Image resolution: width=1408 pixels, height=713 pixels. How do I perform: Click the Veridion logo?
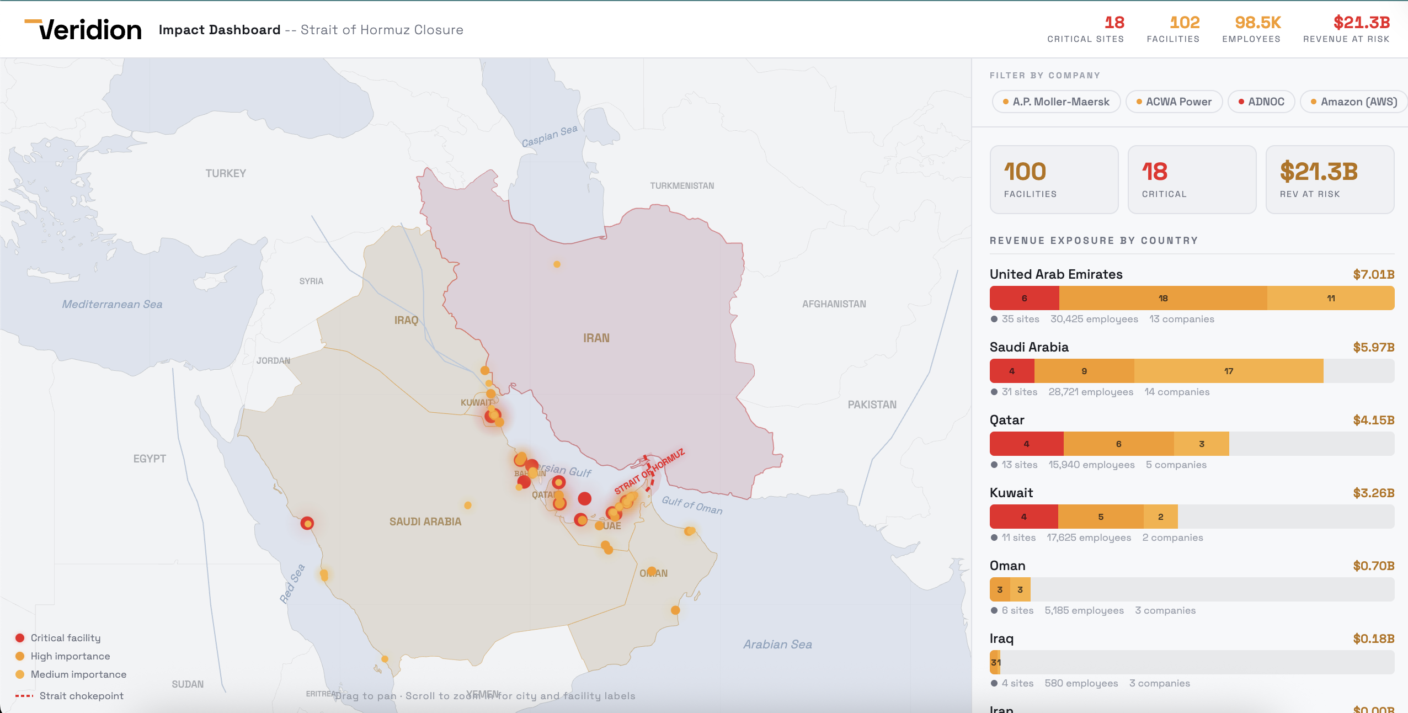click(x=83, y=29)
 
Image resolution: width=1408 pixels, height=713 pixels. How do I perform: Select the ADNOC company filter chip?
click(x=1261, y=102)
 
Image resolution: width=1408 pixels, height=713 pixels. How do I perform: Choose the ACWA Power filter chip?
click(x=1174, y=102)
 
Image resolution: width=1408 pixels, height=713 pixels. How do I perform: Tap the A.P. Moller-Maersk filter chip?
click(x=1056, y=102)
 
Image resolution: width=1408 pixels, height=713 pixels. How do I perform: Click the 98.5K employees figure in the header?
click(x=1257, y=23)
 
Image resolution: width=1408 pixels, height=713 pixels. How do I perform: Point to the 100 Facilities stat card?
click(x=1054, y=179)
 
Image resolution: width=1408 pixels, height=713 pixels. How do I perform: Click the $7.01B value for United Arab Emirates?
click(x=1373, y=274)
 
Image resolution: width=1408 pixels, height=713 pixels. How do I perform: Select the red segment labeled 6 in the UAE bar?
click(x=1024, y=298)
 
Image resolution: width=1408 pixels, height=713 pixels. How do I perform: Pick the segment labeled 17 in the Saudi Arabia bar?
click(x=1228, y=371)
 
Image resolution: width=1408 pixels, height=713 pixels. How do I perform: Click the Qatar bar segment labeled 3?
click(x=1201, y=444)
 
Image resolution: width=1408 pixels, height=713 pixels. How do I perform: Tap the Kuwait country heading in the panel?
click(x=1011, y=493)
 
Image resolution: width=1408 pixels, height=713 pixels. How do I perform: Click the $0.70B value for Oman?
click(x=1373, y=566)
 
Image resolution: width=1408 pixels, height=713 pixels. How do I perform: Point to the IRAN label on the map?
click(x=596, y=338)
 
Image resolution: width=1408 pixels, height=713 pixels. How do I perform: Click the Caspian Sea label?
click(x=550, y=136)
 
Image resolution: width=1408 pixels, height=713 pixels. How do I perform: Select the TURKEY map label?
click(x=226, y=173)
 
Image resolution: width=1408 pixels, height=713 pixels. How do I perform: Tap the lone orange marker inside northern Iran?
click(x=557, y=264)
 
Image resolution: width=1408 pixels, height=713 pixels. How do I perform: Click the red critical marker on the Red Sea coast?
click(x=307, y=523)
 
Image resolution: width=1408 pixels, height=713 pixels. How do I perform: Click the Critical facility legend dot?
click(x=20, y=638)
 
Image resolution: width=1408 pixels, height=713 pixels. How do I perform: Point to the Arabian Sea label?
click(x=777, y=644)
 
